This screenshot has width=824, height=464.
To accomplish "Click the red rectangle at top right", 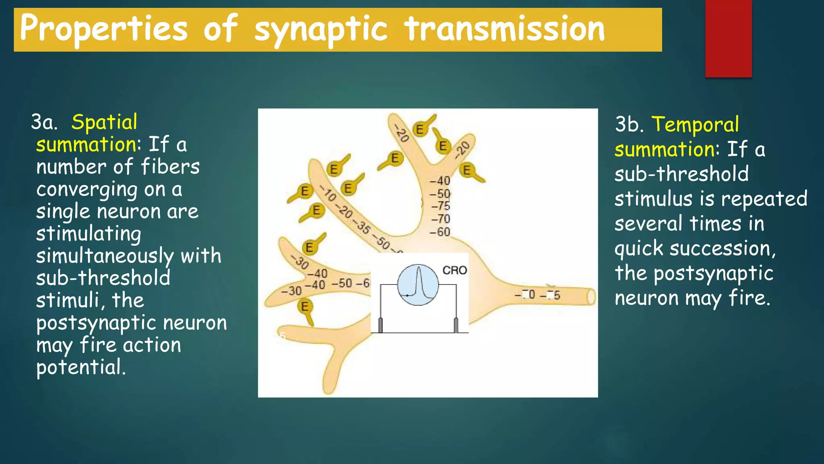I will [x=728, y=38].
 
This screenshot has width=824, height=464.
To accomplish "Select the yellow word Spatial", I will [x=104, y=122].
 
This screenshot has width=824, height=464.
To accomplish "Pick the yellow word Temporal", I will [x=695, y=124].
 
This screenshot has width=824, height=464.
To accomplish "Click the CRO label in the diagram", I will [x=455, y=270].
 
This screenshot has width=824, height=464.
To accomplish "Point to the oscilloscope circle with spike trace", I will [x=418, y=285].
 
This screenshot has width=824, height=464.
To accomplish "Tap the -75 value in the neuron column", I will [x=441, y=206].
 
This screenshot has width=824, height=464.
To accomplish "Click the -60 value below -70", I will [x=440, y=232].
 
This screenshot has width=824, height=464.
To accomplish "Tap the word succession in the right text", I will [x=720, y=249].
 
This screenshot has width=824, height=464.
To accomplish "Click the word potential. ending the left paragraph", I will [x=80, y=367].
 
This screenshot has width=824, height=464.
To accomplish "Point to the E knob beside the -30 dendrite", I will [x=309, y=247].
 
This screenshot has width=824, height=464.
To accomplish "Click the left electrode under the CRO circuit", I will [x=380, y=325].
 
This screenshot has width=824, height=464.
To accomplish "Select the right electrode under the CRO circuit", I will [x=456, y=325].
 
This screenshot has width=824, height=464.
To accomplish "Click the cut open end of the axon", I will [x=591, y=297].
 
